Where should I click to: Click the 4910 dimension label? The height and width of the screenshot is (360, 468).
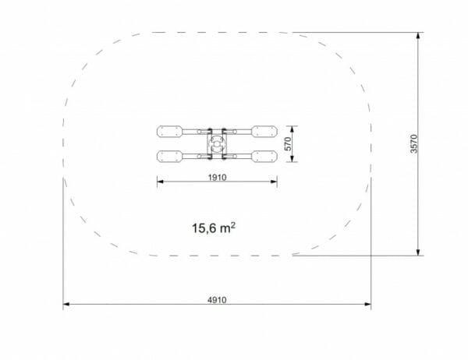217,300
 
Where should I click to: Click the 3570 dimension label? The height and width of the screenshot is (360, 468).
414,143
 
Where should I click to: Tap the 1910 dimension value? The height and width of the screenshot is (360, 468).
218,178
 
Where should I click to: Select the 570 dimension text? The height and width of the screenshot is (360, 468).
288,143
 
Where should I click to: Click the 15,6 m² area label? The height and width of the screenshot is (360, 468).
214,228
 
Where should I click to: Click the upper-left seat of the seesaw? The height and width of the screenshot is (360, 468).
170,132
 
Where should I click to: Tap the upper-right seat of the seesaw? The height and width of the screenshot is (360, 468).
264,132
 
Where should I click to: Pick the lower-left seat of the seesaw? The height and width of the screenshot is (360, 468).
170,157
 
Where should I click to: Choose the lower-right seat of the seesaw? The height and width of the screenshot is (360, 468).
264,157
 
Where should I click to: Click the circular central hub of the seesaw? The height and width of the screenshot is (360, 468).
217,144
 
